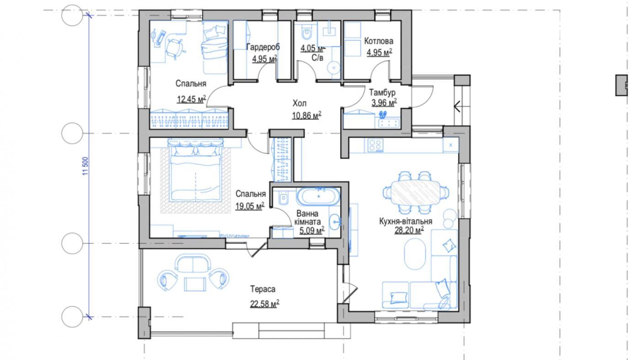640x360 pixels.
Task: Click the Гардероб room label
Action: tap(263, 47)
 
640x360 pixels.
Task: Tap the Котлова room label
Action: tap(378, 41)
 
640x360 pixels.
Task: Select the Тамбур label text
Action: tap(382, 92)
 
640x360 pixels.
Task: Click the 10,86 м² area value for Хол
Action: tap(307, 115)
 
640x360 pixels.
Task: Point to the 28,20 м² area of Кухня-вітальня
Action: tap(409, 230)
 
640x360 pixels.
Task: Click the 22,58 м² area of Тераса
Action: tap(265, 304)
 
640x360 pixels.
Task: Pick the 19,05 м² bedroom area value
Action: tap(250, 206)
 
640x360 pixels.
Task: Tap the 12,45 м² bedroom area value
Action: tap(191, 99)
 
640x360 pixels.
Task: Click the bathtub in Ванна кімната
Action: tap(318, 197)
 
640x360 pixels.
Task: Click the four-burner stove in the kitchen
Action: tap(375, 145)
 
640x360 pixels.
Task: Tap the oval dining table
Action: tap(415, 192)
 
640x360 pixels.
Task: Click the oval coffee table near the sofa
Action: tap(415, 254)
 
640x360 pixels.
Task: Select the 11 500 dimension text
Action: tap(85, 166)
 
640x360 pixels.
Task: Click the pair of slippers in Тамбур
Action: tap(383, 115)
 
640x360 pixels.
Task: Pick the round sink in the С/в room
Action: tap(333, 68)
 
